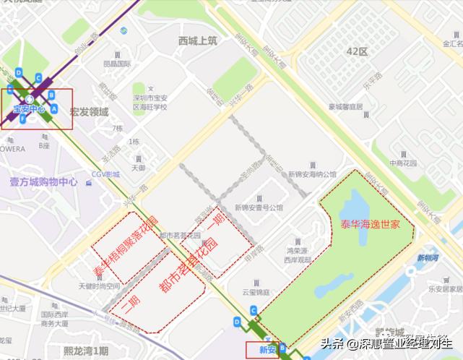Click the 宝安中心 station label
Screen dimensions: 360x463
tap(29, 109)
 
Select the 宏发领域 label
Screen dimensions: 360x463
tap(89, 112)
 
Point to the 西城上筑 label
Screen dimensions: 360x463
tap(197, 41)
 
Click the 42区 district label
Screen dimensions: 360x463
tap(357, 52)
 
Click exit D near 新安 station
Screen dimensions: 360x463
tap(237, 321)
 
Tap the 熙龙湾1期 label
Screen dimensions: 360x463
tap(85, 351)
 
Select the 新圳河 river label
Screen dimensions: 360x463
tap(428, 257)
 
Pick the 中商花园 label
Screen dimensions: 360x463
tap(404, 163)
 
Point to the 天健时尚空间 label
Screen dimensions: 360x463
tap(99, 286)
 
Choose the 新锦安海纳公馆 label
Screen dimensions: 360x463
tap(312, 174)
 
